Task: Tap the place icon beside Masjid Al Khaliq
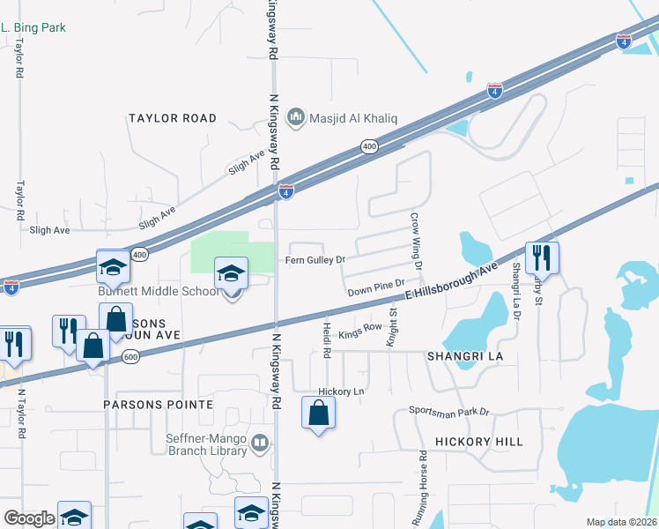click(296, 116)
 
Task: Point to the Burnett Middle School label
click(159, 291)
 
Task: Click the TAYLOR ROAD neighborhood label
click(173, 118)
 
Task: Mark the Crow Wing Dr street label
click(418, 240)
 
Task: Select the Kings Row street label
click(359, 327)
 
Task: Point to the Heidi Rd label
click(326, 339)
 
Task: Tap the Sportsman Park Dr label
click(448, 412)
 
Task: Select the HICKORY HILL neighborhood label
click(478, 442)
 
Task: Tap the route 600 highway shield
click(131, 355)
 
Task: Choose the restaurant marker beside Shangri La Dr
click(542, 258)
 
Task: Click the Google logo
click(29, 518)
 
